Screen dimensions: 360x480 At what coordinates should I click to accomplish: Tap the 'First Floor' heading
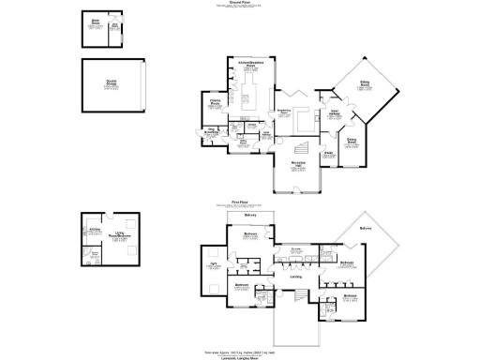(239, 202)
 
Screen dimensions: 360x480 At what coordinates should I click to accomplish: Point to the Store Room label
(95, 21)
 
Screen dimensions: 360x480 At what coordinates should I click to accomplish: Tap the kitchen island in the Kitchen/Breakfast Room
(250, 97)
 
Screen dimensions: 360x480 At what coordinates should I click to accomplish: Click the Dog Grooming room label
(212, 131)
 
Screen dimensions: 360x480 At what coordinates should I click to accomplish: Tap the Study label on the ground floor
(329, 152)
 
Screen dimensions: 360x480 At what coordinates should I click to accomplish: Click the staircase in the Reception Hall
(301, 149)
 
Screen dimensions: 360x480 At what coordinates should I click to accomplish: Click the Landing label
(296, 276)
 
